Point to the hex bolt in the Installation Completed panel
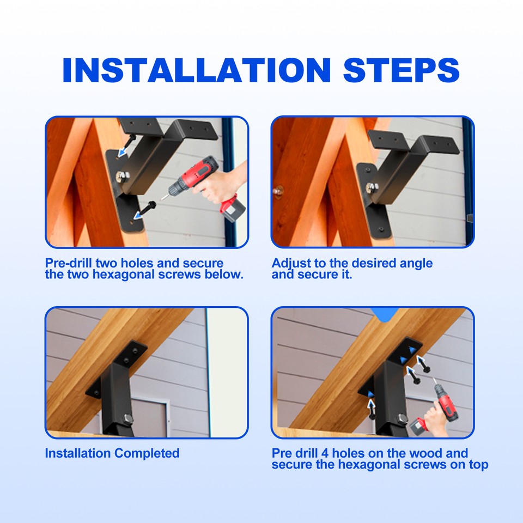[x=129, y=420]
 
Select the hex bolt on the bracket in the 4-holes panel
[x=402, y=418]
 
